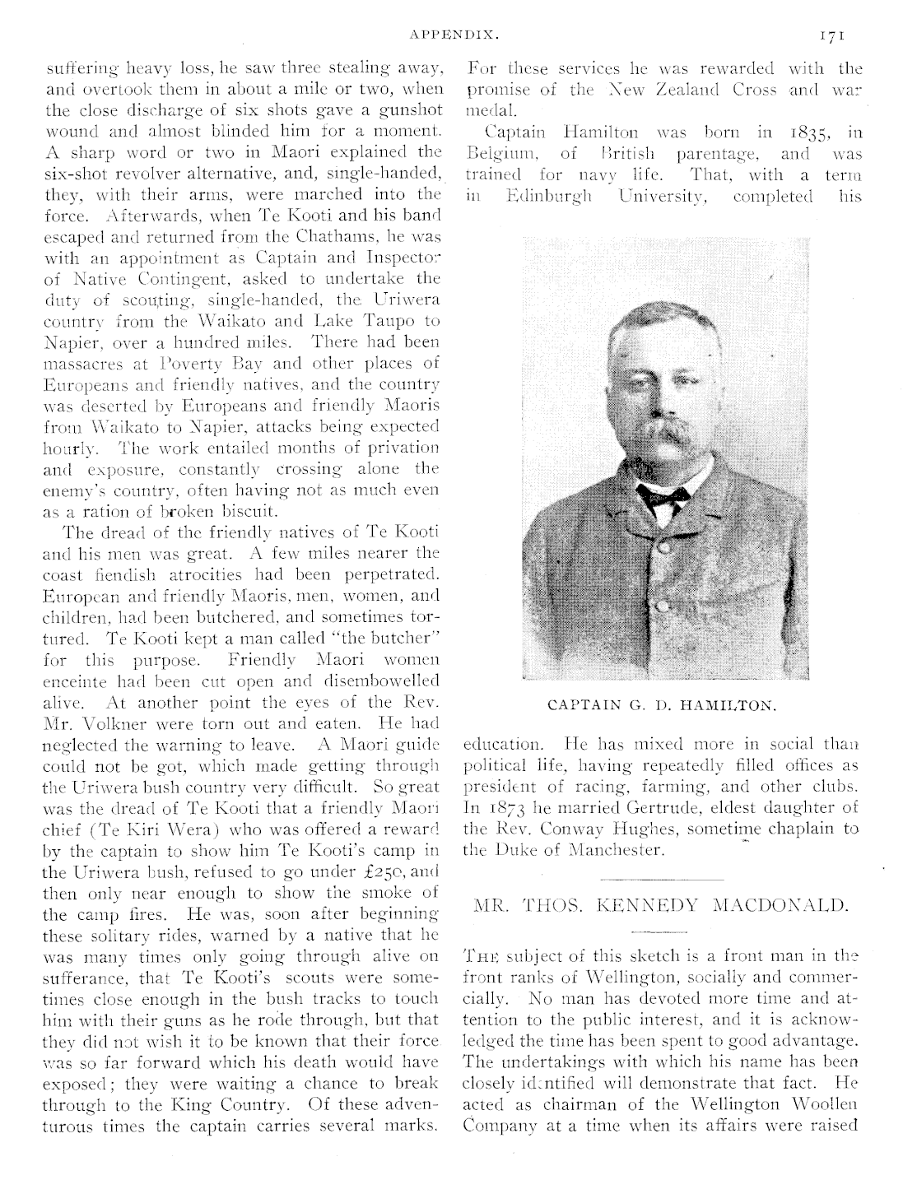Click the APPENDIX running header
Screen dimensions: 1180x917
(454, 35)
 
